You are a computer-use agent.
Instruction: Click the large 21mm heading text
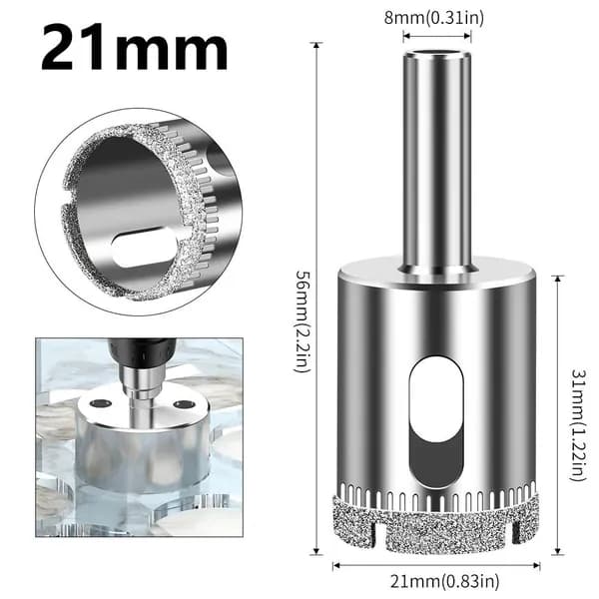(135, 46)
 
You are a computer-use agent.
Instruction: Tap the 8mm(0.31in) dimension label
(434, 18)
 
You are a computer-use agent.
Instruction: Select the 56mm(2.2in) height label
(302, 321)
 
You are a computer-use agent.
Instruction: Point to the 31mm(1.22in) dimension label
(578, 425)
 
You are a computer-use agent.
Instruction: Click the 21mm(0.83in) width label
(444, 582)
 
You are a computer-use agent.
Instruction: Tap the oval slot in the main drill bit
(436, 421)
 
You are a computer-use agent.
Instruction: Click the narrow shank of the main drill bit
(437, 162)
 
